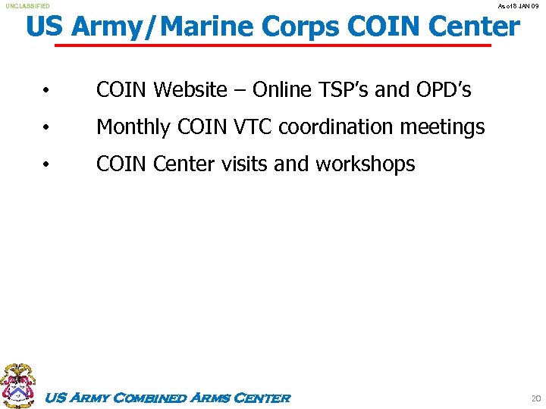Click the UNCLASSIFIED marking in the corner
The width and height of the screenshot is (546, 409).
point(28,6)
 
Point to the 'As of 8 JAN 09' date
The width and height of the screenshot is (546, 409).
point(517,6)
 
